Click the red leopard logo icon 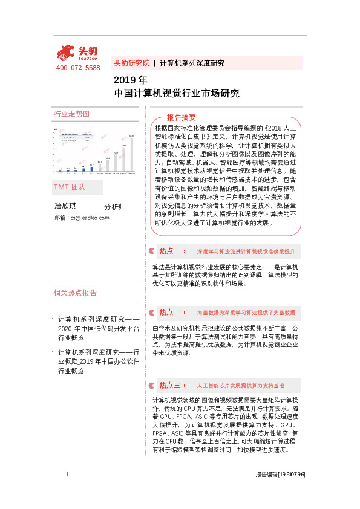(68, 53)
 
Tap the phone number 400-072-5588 (78, 68)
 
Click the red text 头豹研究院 (131, 63)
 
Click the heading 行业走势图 (72, 114)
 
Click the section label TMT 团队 (69, 186)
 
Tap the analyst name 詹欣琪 (67, 206)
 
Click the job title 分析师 (114, 206)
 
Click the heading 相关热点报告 (75, 293)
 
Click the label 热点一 (172, 251)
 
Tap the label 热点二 (172, 313)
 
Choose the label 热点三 (172, 385)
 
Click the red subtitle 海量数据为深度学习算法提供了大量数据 (246, 313)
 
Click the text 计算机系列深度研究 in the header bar (192, 63)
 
